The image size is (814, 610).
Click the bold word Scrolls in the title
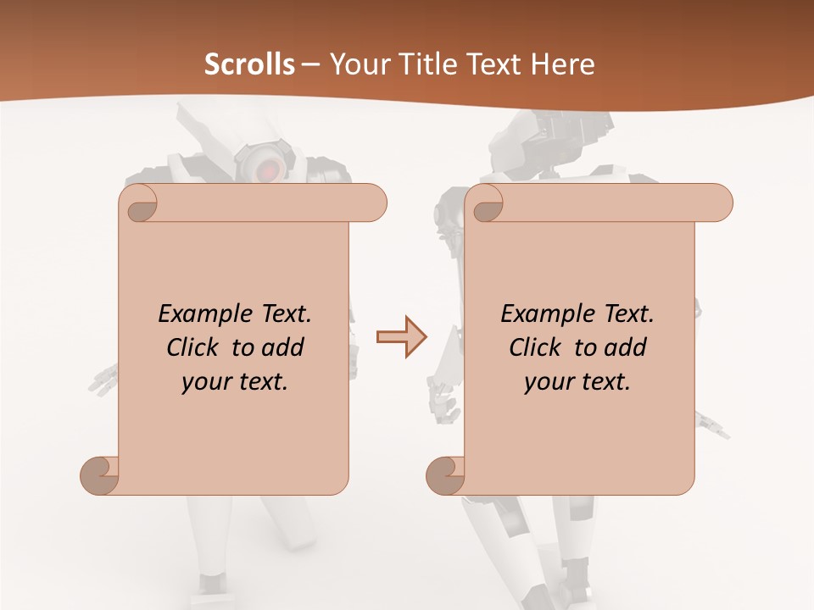click(250, 64)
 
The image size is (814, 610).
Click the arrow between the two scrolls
click(402, 337)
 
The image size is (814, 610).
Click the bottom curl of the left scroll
click(101, 475)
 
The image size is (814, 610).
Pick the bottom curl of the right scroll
click(446, 475)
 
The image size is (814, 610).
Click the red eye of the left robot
click(265, 169)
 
